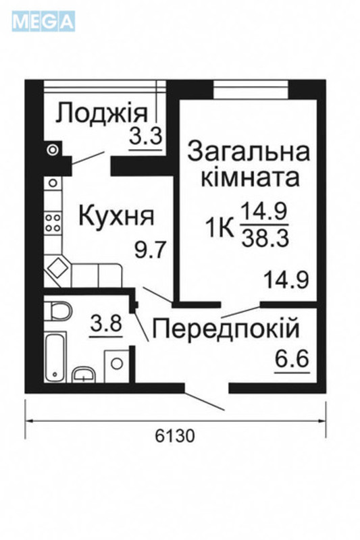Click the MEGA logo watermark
pos(44,22)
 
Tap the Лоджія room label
pos(101,113)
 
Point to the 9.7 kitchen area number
pos(150,251)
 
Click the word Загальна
pos(248,151)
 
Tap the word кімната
pos(249,179)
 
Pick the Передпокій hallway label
pos(226,329)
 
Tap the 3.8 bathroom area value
pos(106,323)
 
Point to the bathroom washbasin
pos(84,375)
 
